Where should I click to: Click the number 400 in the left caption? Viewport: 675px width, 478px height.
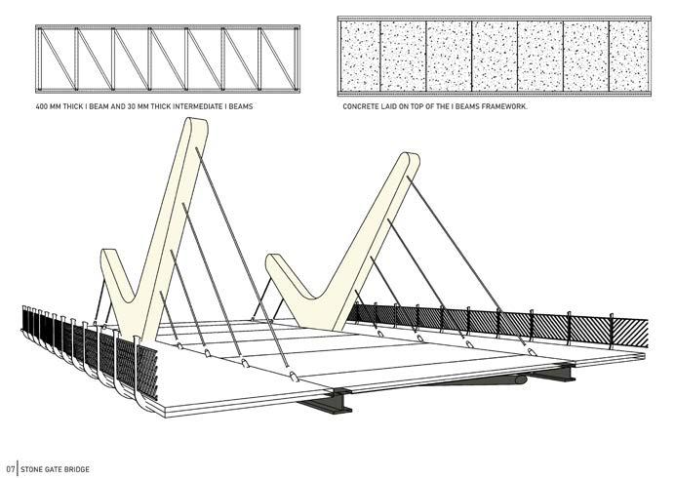[x=41, y=105]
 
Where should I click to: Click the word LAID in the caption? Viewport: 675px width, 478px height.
[x=390, y=105]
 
